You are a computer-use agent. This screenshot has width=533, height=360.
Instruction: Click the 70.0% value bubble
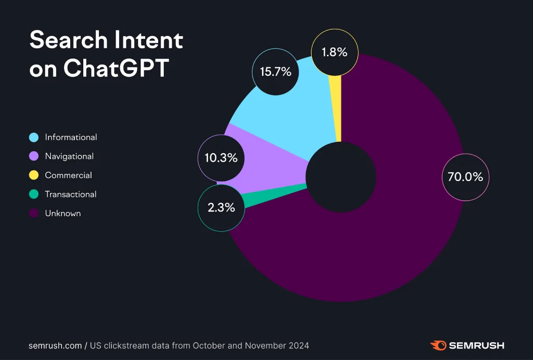tap(465, 177)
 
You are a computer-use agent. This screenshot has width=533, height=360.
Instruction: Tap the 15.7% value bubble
tap(275, 72)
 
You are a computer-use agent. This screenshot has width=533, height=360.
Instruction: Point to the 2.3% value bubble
tap(221, 208)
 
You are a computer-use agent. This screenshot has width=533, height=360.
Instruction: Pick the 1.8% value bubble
tap(335, 52)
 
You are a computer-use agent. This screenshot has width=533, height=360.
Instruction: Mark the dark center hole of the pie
tap(340, 177)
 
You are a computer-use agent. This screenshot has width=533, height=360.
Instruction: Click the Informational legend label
tap(71, 138)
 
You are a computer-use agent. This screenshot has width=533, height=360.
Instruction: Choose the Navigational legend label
tap(69, 156)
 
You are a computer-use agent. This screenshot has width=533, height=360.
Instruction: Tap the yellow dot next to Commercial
tap(34, 176)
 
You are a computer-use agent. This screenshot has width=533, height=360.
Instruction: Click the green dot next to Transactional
tap(34, 194)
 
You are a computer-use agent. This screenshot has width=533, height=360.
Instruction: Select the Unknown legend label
tap(62, 214)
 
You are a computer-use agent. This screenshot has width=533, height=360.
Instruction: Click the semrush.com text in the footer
tap(55, 345)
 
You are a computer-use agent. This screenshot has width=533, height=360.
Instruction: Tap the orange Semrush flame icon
tap(438, 345)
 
